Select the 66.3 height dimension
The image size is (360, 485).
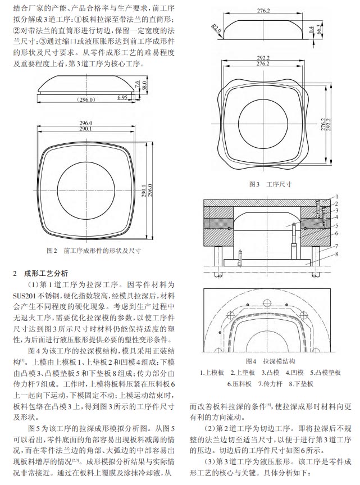pyautogui.click(x=319, y=29)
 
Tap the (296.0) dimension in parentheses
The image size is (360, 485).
pyautogui.click(x=86, y=99)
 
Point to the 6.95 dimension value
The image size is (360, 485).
pyautogui.click(x=122, y=97)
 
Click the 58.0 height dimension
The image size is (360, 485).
pyautogui.click(x=144, y=85)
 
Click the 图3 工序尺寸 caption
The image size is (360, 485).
pyautogui.click(x=270, y=184)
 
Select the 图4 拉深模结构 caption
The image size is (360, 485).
pyautogui.click(x=270, y=361)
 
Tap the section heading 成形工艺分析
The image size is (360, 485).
pyautogui.click(x=46, y=274)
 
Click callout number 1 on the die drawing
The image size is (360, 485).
pyautogui.click(x=337, y=196)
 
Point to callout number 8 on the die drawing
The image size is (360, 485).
pyautogui.click(x=337, y=254)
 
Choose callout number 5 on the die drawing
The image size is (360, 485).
pyautogui.click(x=337, y=225)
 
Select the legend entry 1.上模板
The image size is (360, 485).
pyautogui.click(x=212, y=373)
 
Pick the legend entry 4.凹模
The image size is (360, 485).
pyautogui.click(x=294, y=373)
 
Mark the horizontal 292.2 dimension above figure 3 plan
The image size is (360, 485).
pyautogui.click(x=263, y=58)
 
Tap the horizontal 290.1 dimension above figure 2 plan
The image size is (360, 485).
pyautogui.click(x=85, y=129)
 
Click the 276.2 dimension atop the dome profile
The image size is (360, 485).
pyautogui.click(x=263, y=11)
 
